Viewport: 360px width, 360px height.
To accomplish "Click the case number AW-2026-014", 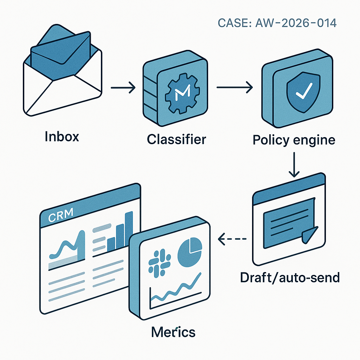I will (x=277, y=23).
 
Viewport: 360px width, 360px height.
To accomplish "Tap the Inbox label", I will (x=62, y=136).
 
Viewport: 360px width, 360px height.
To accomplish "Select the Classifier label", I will (x=176, y=139).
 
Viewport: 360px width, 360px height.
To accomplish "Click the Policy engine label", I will (x=294, y=140).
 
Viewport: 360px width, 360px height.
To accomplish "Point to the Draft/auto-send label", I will (x=290, y=277).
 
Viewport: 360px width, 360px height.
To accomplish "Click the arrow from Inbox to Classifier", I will (x=123, y=88).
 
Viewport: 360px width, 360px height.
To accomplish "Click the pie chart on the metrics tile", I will (x=190, y=252).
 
